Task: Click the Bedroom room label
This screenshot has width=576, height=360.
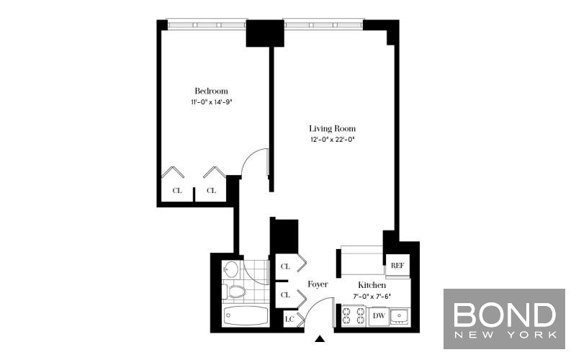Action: [x=211, y=91]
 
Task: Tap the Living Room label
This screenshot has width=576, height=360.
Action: [x=333, y=129]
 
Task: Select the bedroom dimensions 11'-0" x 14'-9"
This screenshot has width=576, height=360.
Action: [x=211, y=102]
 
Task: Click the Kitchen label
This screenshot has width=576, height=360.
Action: [x=372, y=285]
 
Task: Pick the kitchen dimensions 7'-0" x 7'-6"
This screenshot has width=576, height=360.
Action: [x=372, y=296]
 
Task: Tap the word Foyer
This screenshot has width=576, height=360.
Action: [x=318, y=284]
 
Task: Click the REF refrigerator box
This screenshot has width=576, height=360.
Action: [x=397, y=265]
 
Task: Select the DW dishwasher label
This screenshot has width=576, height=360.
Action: [x=379, y=315]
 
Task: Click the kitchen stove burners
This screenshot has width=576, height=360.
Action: [x=354, y=316]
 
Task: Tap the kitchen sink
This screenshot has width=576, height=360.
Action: [x=400, y=316]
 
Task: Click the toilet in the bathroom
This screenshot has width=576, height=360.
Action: [x=233, y=292]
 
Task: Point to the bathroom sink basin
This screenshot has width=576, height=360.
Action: [x=230, y=269]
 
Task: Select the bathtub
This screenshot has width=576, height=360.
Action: [x=245, y=315]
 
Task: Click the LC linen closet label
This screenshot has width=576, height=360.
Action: [x=289, y=319]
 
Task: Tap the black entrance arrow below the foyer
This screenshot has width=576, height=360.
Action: [x=320, y=338]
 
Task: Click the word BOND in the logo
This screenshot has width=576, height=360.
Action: [x=505, y=315]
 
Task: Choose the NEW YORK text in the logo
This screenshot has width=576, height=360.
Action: [x=505, y=335]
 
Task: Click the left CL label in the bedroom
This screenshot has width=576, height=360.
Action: [x=177, y=191]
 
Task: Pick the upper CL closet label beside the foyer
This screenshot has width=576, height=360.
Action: [x=285, y=266]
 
